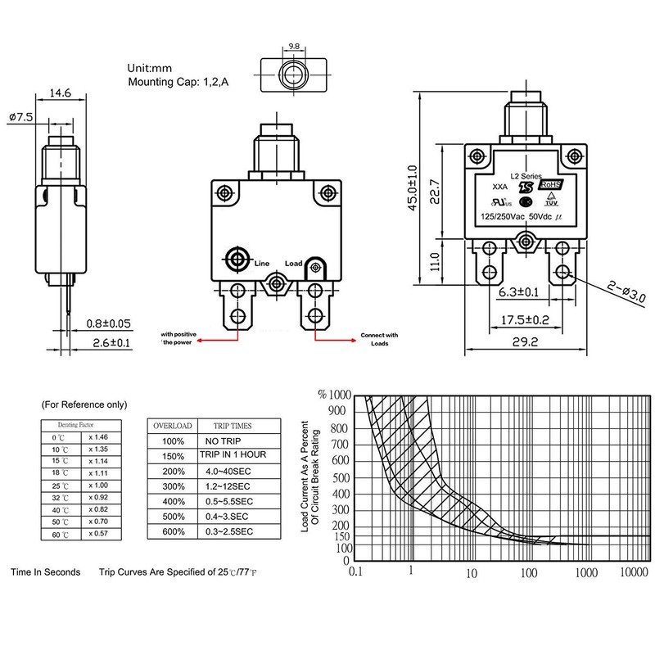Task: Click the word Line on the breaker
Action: click(262, 263)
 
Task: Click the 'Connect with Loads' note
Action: click(381, 339)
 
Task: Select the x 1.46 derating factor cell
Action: click(98, 439)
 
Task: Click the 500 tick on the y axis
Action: click(339, 478)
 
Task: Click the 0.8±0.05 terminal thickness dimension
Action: click(109, 323)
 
